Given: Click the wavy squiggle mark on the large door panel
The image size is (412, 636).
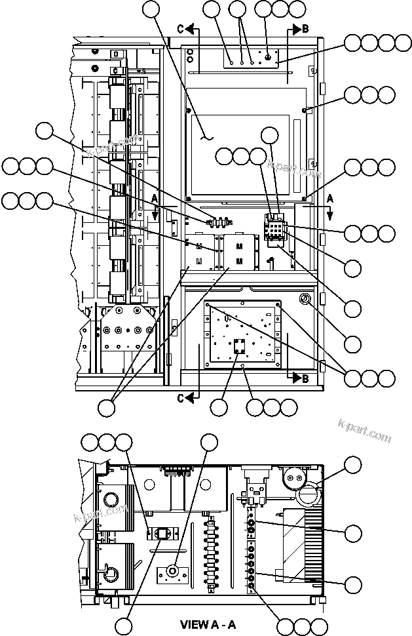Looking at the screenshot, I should (208, 137).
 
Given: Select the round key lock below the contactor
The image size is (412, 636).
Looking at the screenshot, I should (305, 300).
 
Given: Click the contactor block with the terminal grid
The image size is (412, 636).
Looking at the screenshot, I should (276, 228).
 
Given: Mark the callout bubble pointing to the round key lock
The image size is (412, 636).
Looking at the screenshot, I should (353, 343).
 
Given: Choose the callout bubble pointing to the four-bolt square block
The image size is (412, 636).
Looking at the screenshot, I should (219, 407).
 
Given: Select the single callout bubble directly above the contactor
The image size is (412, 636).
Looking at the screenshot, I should (271, 136).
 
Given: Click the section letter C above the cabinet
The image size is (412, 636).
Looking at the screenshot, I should (180, 28).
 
